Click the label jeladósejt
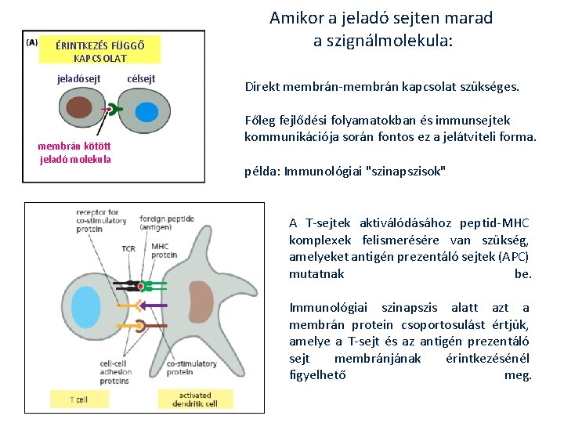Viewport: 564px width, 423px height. (x=79, y=79)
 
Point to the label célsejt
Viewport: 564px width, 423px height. (x=141, y=79)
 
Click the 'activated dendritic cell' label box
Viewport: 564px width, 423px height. (x=195, y=399)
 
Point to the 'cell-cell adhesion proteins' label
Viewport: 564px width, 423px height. (x=115, y=373)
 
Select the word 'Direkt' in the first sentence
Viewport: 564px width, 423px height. (x=261, y=87)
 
